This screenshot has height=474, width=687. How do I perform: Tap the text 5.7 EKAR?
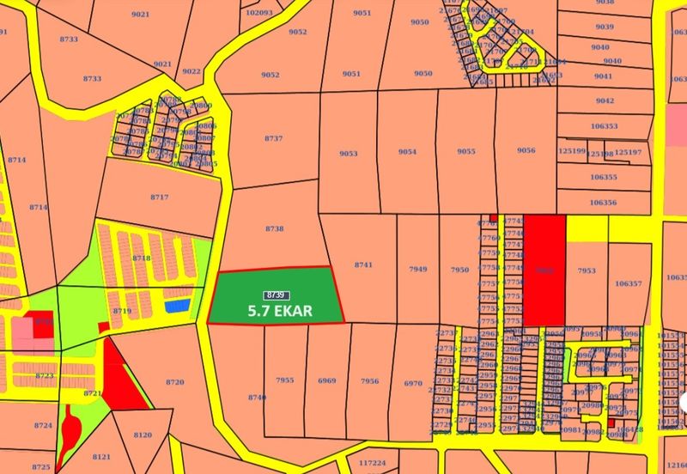(279, 310)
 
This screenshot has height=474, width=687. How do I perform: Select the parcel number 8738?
(274, 228)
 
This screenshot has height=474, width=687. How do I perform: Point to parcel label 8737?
(274, 138)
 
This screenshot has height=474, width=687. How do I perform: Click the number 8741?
(363, 265)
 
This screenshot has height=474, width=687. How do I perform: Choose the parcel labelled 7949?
(418, 270)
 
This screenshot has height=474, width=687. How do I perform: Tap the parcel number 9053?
(348, 153)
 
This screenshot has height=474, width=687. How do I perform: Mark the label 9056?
(526, 151)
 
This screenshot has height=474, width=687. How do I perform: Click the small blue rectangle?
(176, 305)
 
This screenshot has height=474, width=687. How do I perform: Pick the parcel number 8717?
(159, 197)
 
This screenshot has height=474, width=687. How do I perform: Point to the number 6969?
(326, 380)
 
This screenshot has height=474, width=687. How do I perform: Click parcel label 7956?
(369, 380)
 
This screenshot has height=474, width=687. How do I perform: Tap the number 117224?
(372, 462)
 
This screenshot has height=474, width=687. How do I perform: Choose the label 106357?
(628, 283)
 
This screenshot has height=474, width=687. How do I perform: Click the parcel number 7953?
(586, 270)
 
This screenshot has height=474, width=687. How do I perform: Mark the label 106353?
(604, 126)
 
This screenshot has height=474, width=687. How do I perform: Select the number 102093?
(258, 13)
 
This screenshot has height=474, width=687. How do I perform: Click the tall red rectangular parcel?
(544, 270)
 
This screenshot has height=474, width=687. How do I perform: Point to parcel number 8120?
(143, 435)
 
